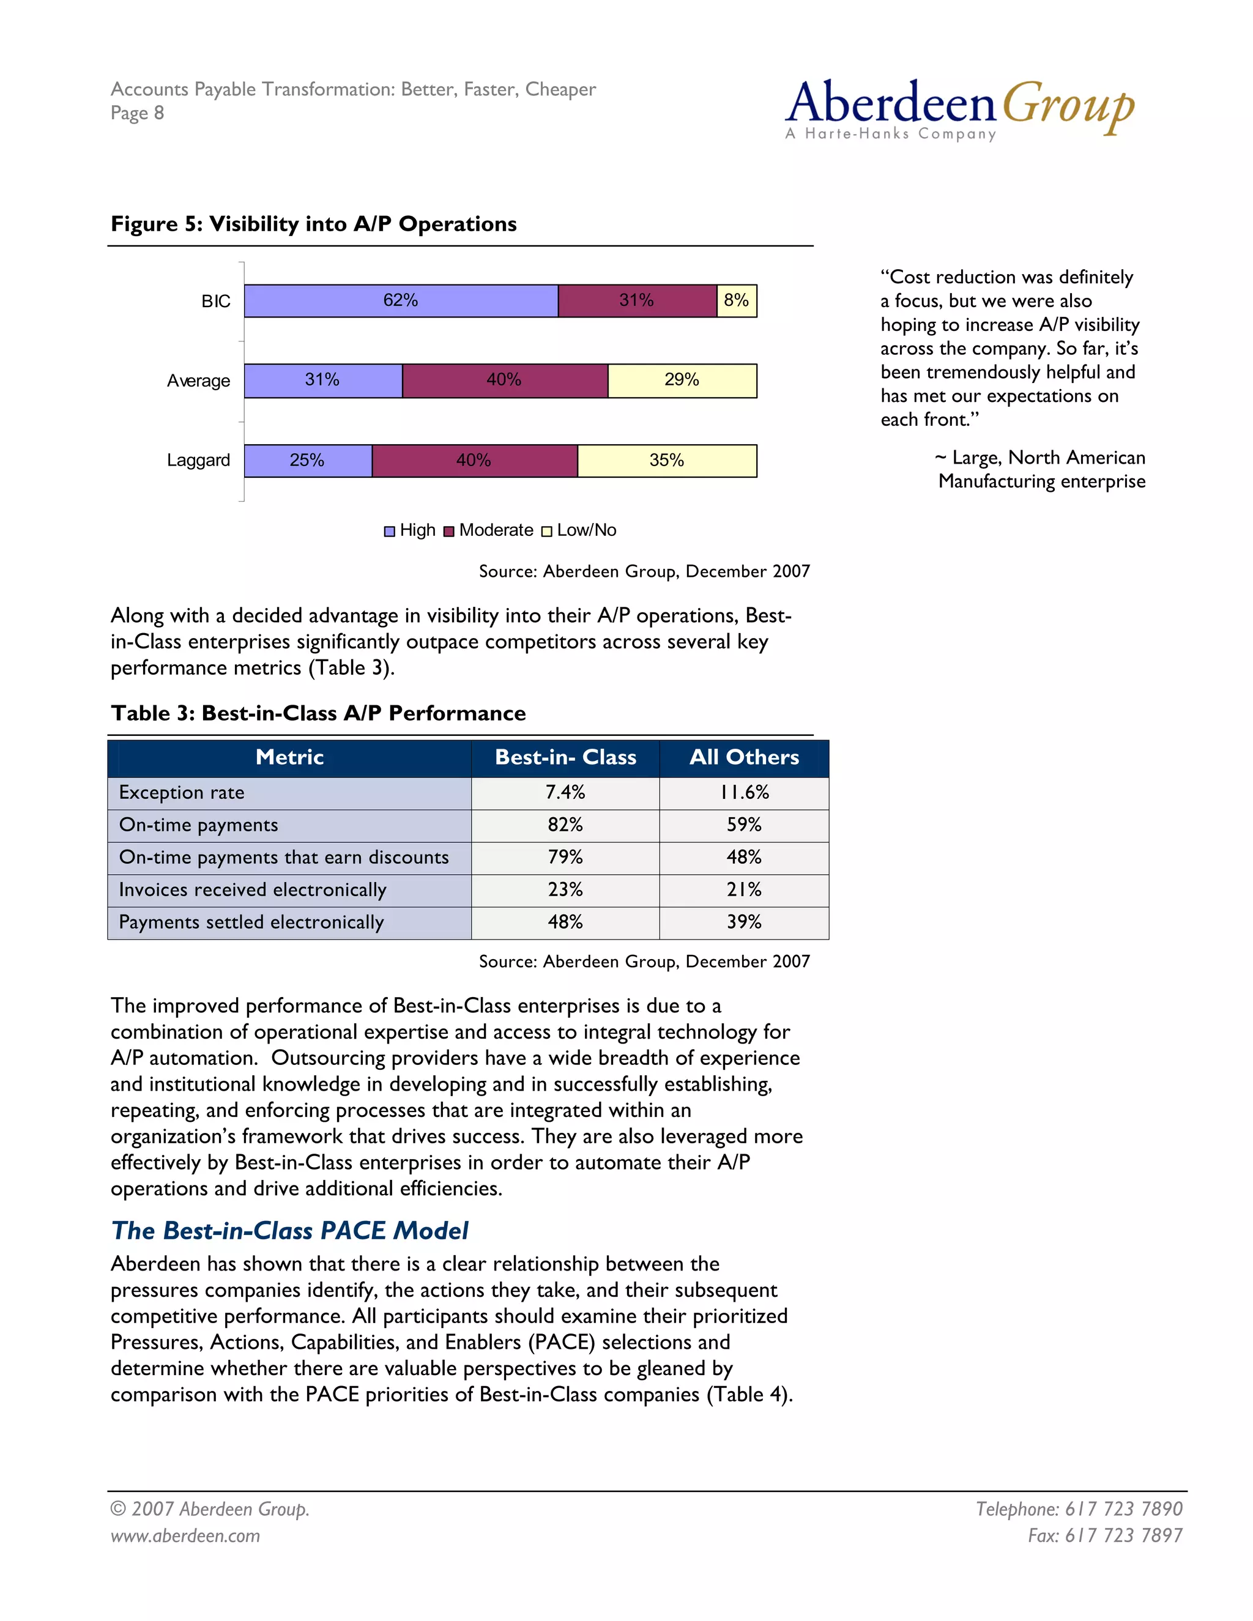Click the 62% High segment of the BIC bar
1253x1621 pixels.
(x=401, y=300)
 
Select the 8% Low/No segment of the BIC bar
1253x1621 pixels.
(x=737, y=300)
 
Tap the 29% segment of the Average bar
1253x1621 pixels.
(x=682, y=380)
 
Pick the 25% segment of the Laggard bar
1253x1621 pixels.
(x=307, y=460)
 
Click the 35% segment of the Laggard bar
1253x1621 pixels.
(x=667, y=460)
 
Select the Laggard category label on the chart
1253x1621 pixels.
(x=198, y=460)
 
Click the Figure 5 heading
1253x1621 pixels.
(x=313, y=224)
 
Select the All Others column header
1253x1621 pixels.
(x=744, y=757)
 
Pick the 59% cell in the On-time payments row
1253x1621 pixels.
(x=744, y=825)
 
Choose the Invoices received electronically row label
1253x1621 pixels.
(x=253, y=889)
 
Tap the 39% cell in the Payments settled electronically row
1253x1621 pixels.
(x=744, y=922)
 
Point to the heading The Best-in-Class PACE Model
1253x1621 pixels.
(x=289, y=1231)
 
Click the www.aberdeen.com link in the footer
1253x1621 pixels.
(x=185, y=1535)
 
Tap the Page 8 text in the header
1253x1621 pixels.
(x=137, y=114)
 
